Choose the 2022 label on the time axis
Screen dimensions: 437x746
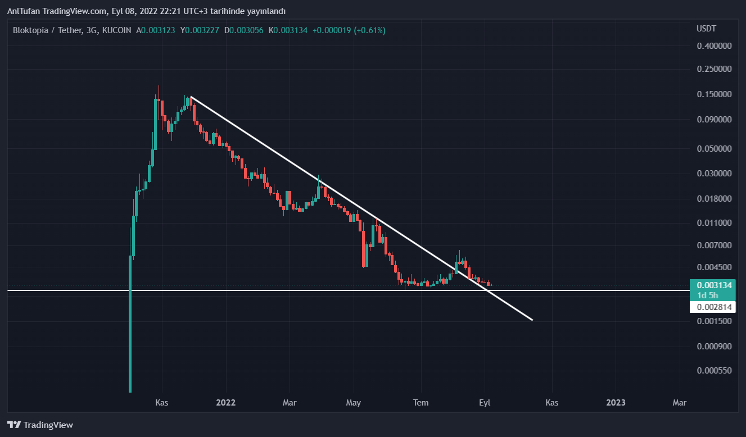(x=225, y=403)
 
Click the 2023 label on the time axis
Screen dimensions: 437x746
(x=616, y=403)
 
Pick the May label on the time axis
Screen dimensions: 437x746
(x=354, y=403)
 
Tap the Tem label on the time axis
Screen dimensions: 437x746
(x=421, y=403)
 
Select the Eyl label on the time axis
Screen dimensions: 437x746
(x=485, y=403)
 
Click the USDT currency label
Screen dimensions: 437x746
(x=707, y=29)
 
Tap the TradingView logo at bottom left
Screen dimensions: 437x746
(x=40, y=425)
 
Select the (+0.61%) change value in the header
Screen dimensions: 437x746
(x=369, y=30)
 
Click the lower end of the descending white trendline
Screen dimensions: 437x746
(x=531, y=320)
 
